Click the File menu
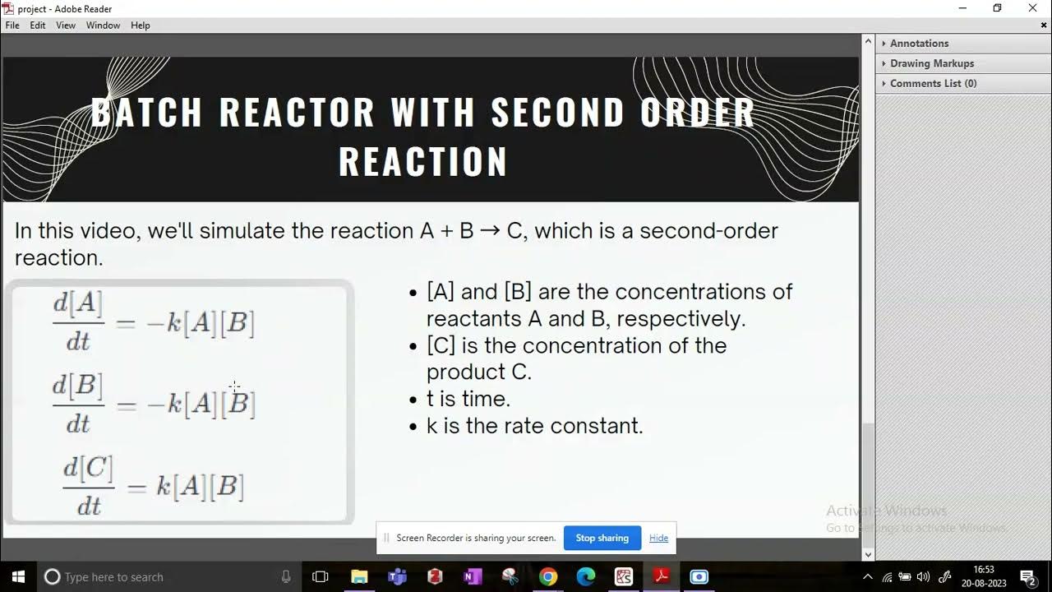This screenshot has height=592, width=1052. [x=12, y=25]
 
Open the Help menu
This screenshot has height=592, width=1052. [x=141, y=25]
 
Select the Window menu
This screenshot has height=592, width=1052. [x=103, y=25]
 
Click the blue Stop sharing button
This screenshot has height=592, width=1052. [x=602, y=538]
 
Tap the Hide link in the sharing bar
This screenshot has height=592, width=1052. [x=658, y=538]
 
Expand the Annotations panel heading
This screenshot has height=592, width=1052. [x=919, y=44]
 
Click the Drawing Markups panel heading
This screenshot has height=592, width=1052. [x=931, y=63]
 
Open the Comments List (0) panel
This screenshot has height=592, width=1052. [x=933, y=83]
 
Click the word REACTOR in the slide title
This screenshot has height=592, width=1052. [x=297, y=113]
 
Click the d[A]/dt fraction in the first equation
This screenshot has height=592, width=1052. [x=78, y=321]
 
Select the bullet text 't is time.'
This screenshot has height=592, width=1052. [x=468, y=399]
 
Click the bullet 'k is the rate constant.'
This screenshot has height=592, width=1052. [x=534, y=426]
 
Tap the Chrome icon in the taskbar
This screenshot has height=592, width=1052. [x=548, y=576]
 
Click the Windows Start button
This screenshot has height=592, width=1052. [x=18, y=576]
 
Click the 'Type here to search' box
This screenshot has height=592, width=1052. [x=164, y=576]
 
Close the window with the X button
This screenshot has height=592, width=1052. [x=1033, y=8]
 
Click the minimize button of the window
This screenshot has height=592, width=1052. [x=962, y=8]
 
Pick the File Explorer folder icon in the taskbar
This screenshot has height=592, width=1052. [x=359, y=576]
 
